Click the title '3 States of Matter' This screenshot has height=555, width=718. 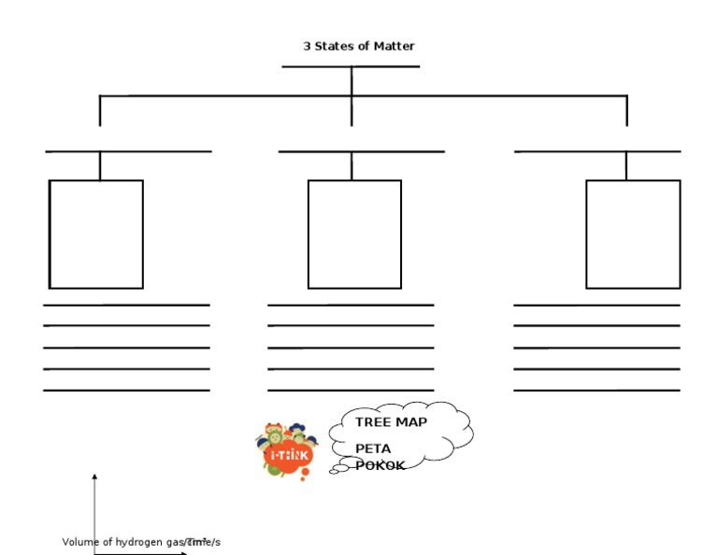tap(359, 46)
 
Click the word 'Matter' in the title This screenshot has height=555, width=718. tap(395, 46)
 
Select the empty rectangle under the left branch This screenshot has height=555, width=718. tap(95, 234)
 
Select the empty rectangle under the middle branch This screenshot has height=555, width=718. tap(354, 234)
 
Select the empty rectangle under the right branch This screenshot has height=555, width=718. tap(633, 234)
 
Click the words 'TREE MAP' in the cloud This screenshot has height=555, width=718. tap(391, 422)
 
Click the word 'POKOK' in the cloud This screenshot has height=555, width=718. tap(381, 465)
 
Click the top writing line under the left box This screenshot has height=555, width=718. tap(126, 305)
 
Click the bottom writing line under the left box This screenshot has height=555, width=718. tap(126, 391)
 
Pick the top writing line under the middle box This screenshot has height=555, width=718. tap(351, 305)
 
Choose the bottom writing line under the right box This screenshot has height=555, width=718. tap(596, 391)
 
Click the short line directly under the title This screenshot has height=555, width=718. tap(351, 66)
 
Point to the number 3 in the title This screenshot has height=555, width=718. tap(307, 46)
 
